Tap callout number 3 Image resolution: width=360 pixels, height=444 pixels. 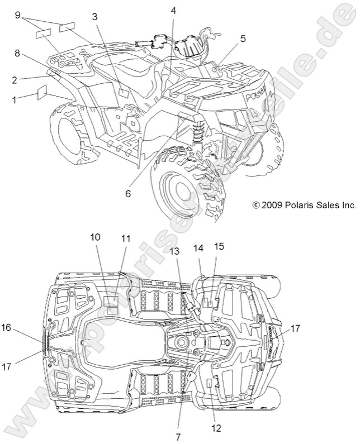pyautogui.click(x=95, y=17)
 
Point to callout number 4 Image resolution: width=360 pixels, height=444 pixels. pyautogui.click(x=173, y=11)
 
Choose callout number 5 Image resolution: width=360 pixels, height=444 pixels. pyautogui.click(x=243, y=39)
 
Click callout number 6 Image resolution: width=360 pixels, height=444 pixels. pyautogui.click(x=127, y=193)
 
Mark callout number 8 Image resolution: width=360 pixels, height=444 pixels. pyautogui.click(x=17, y=54)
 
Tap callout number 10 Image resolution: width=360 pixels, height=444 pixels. pyautogui.click(x=96, y=237)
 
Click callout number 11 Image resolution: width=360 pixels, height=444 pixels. pyautogui.click(x=126, y=238)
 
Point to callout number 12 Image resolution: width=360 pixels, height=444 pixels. pyautogui.click(x=216, y=428)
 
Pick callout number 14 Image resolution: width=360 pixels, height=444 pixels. pyautogui.click(x=198, y=248)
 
